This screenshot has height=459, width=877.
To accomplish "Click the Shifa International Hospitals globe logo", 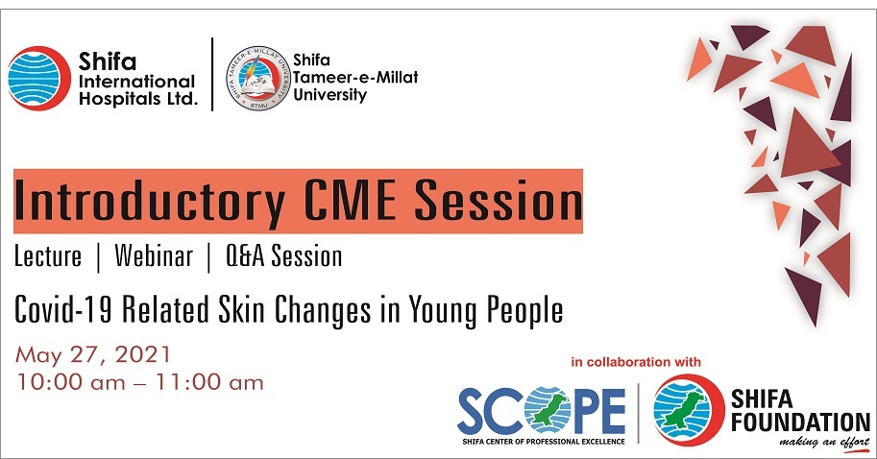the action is click(38, 78).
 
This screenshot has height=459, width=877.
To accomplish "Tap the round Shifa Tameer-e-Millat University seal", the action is click(257, 78).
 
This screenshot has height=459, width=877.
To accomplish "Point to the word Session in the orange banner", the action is click(499, 200).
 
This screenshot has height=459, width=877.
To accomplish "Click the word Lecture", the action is click(48, 256).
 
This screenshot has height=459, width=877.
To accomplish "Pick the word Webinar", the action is click(154, 256).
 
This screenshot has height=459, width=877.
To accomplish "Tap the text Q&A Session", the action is click(283, 256).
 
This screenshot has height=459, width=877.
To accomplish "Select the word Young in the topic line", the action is click(444, 311).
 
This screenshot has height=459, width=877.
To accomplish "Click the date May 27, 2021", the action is click(93, 355).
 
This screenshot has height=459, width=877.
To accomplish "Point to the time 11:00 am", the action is click(209, 382).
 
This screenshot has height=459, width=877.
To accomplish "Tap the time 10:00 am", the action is click(70, 382).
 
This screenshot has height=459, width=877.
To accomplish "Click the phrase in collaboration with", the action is click(635, 362).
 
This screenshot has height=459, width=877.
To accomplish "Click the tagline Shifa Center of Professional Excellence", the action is click(543, 442).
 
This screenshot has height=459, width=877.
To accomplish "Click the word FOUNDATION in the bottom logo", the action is click(800, 423).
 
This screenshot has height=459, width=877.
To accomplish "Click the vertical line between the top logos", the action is click(212, 74).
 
